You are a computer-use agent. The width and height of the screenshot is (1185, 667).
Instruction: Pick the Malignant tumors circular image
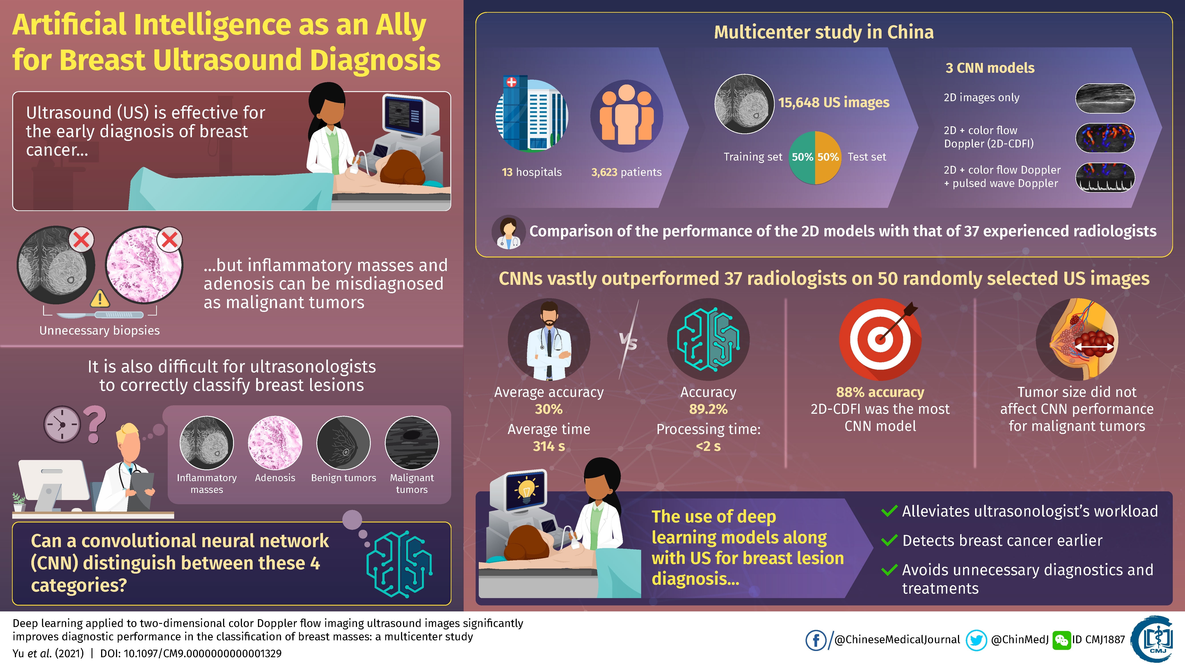click(412, 443)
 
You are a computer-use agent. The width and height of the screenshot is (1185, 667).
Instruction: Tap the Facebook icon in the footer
click(816, 640)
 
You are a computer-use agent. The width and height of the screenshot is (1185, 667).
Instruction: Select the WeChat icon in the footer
click(1061, 640)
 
